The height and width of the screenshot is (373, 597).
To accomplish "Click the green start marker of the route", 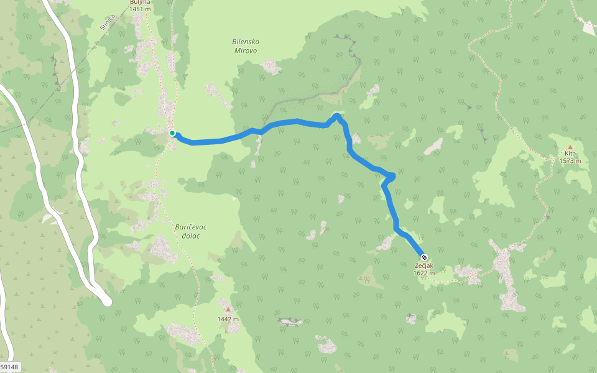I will tap(172, 132).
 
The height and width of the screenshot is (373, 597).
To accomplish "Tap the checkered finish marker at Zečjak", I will tap(424, 257).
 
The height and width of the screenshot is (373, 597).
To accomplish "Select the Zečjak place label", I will tap(424, 265).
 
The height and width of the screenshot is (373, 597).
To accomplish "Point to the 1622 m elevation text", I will tap(424, 272).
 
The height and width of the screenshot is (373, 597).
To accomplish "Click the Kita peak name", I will tap(570, 154).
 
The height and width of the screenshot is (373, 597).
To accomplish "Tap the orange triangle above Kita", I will tap(570, 147).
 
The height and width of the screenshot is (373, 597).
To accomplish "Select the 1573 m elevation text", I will tap(570, 161).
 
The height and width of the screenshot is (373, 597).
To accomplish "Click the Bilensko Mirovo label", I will tap(246, 45).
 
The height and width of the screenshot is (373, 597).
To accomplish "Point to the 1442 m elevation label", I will tap(228, 319).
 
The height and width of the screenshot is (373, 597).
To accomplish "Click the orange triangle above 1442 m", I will tap(228, 309).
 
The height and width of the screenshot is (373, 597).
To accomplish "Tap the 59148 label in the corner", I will tap(10, 367).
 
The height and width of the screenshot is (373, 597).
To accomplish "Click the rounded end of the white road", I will tap(106, 302).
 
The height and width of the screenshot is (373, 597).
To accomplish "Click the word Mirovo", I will tap(246, 50).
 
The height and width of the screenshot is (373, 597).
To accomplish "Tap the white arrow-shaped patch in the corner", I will tap(586, 27).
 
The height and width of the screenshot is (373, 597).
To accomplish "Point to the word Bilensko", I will tap(246, 42).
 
